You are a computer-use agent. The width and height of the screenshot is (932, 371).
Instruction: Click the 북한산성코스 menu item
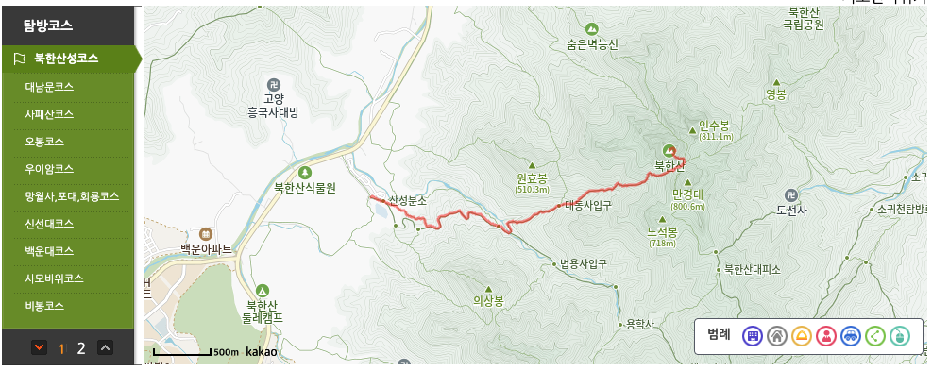tap(66, 59)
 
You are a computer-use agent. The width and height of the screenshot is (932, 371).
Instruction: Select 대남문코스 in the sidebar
tap(49, 87)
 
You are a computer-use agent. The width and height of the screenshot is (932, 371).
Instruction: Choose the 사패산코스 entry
tap(49, 114)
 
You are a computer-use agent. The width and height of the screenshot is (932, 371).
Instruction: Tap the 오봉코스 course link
tap(43, 142)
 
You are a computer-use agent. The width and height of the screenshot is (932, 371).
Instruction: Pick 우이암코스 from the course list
tap(49, 169)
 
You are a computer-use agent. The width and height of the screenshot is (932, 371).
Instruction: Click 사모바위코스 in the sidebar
tap(55, 278)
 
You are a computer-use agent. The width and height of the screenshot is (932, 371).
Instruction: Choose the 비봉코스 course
tap(43, 306)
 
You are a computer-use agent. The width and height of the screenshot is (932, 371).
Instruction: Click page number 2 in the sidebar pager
tap(81, 348)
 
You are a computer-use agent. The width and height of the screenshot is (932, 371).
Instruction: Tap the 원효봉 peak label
tap(532, 178)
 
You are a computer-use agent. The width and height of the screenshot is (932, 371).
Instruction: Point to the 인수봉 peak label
tap(714, 125)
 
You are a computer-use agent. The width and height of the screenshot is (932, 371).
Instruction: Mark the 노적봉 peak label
tap(662, 232)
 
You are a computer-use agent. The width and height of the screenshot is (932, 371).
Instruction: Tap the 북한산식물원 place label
tap(305, 187)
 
